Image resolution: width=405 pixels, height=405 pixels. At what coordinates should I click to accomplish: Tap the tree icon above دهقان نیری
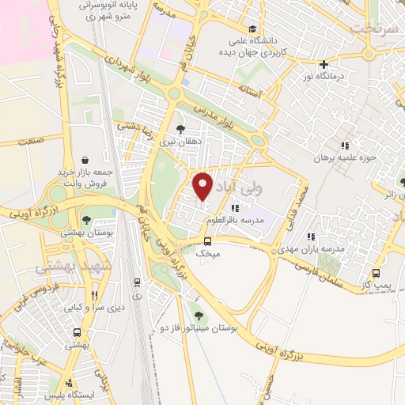pyautogui.click(x=181, y=128)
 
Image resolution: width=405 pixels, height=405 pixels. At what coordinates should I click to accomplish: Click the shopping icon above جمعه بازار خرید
pyautogui.click(x=85, y=158)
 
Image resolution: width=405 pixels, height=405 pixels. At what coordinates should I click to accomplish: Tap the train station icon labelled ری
pyautogui.click(x=138, y=282)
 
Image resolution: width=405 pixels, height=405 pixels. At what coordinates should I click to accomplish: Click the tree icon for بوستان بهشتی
pyautogui.click(x=85, y=221)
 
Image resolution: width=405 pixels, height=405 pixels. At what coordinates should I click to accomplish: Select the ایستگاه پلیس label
pyautogui.click(x=70, y=394)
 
